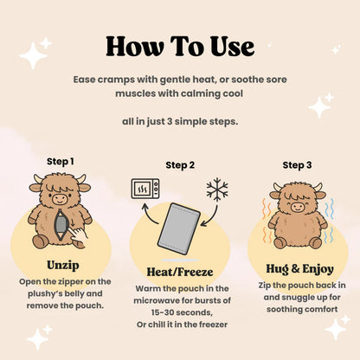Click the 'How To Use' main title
[x=180, y=45]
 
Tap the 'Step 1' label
[x=61, y=161]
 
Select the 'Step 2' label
[x=179, y=165]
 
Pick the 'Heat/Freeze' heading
[x=180, y=271]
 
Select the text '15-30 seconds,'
[x=180, y=312]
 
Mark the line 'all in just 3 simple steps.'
[x=180, y=120]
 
